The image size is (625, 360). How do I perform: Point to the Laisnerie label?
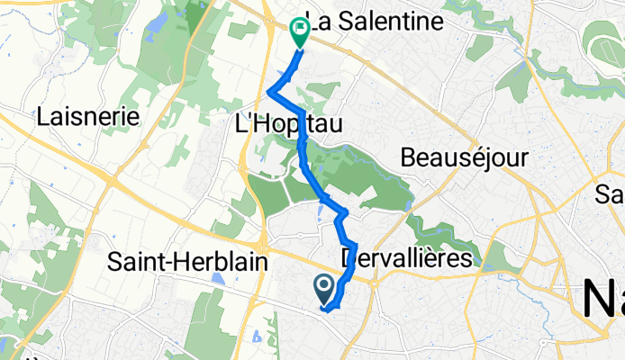(88, 117)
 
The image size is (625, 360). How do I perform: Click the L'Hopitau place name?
(288, 128)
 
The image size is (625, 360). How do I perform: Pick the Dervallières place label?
(408, 259)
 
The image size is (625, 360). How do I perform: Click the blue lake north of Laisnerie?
(152, 22)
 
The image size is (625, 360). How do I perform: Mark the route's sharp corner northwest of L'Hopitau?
(270, 92)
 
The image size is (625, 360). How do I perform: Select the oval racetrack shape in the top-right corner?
(603, 40)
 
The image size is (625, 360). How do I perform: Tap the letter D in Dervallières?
(350, 259)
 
